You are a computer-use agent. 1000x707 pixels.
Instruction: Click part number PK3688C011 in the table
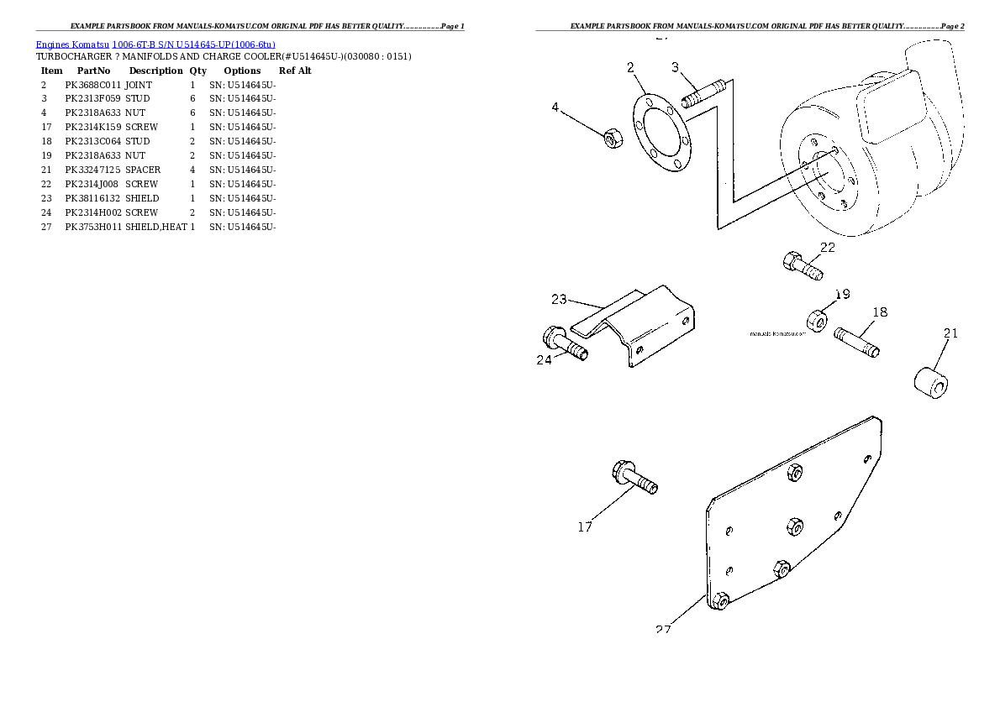tap(92, 85)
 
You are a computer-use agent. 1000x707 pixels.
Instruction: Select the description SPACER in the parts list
tap(143, 170)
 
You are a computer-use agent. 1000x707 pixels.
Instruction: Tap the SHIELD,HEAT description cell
tap(156, 227)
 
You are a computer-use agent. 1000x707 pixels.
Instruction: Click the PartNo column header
tap(93, 71)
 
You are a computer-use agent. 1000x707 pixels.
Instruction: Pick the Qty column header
tap(197, 71)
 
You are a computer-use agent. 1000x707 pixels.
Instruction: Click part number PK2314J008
tap(92, 184)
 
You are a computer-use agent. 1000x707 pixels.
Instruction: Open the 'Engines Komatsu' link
tap(71, 44)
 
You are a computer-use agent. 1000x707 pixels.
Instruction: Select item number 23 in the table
tap(46, 198)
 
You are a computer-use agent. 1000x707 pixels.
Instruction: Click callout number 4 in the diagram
tap(555, 107)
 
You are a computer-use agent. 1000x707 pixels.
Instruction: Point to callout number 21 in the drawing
tap(950, 333)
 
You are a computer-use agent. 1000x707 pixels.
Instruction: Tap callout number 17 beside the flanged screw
tap(585, 527)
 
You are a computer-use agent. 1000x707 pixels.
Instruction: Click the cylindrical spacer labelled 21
tap(931, 381)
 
